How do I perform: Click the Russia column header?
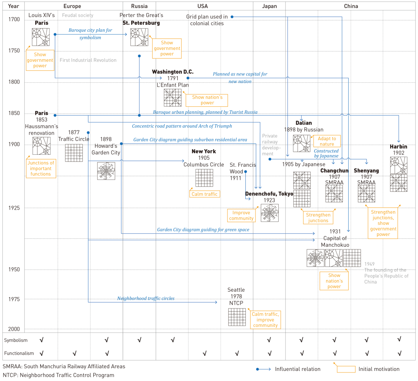tap(139, 6)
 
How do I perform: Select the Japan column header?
tap(269, 6)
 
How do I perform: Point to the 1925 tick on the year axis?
tap(14, 208)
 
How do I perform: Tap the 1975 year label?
tap(14, 299)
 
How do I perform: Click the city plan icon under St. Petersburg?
tap(139, 37)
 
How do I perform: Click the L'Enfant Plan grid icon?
tap(173, 97)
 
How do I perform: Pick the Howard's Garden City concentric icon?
tap(106, 171)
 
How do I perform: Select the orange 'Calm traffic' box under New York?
tap(204, 194)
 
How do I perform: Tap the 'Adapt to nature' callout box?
tap(327, 141)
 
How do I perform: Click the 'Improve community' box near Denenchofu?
tap(241, 215)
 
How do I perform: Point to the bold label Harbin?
tap(399, 147)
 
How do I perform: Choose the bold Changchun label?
tap(334, 171)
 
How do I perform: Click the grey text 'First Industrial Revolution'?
tap(88, 60)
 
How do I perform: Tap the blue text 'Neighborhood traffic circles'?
tap(146, 298)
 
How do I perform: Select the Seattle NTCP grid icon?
tap(237, 317)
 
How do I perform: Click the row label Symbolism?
tap(16, 340)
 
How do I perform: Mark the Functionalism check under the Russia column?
tap(139, 353)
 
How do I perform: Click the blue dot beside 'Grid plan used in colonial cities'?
tap(232, 17)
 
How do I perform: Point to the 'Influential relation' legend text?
tap(298, 369)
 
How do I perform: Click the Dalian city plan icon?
tap(302, 143)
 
